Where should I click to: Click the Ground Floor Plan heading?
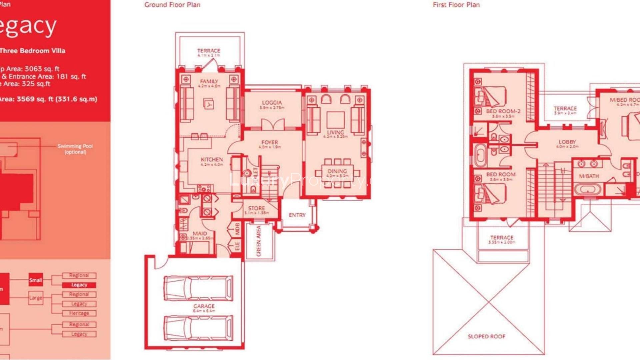coord(172,5)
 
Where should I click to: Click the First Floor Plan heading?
coord(456,5)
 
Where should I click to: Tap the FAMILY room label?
coord(209,81)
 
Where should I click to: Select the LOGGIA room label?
coord(272,103)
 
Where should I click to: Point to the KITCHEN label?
coord(212,160)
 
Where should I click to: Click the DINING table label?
coord(337,171)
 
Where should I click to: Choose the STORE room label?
coord(256,208)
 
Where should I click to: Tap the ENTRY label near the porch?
coord(297,215)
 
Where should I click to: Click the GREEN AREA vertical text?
coord(259,241)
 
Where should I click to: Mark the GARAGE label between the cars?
coord(204,306)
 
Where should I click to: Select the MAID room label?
coord(200,233)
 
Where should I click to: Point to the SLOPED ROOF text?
coord(486,336)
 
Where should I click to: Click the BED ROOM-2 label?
coord(503,111)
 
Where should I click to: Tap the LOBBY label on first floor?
coord(567,142)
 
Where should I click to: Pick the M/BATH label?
coord(589,176)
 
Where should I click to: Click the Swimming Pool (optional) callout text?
coord(75,149)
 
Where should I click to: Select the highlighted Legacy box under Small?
coord(79,285)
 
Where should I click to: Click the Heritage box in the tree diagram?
coord(79,313)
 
